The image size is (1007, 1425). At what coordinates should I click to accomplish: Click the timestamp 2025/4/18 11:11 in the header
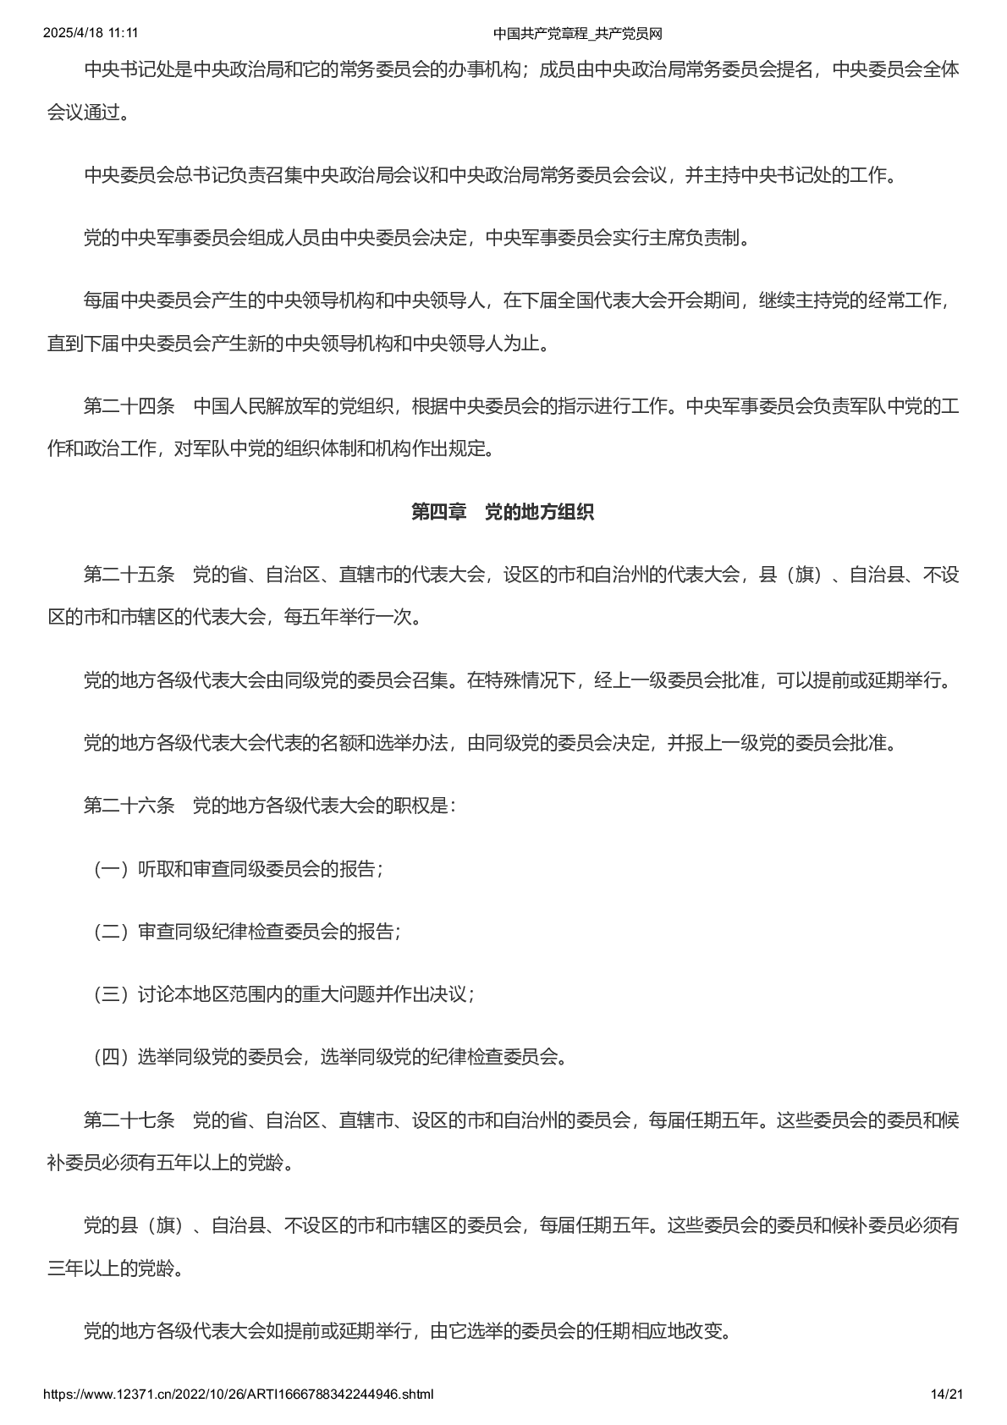(91, 33)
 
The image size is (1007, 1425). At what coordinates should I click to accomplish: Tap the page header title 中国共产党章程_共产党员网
(577, 34)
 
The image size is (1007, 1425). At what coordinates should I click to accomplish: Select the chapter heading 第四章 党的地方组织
(503, 512)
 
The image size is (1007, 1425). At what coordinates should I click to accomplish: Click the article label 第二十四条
(129, 406)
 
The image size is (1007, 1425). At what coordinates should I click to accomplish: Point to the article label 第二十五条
(129, 575)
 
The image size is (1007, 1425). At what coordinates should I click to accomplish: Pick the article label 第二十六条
(129, 806)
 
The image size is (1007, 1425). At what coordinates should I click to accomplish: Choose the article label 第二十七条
(129, 1120)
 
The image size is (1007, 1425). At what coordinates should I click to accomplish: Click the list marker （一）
(110, 869)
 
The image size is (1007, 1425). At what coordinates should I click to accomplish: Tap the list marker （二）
(110, 932)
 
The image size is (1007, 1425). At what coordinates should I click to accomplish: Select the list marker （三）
(110, 994)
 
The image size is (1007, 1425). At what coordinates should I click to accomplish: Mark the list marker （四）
(110, 1057)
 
